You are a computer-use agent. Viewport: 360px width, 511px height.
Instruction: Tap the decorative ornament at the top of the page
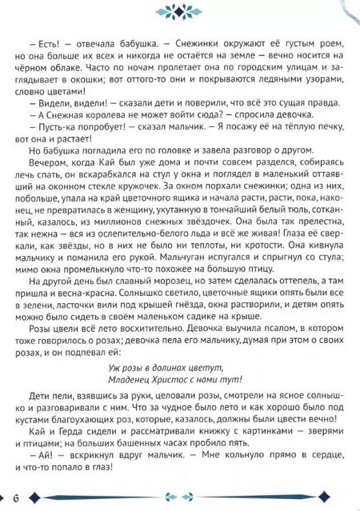pos(179,10)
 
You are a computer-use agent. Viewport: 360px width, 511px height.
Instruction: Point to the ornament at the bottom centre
pos(179,495)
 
